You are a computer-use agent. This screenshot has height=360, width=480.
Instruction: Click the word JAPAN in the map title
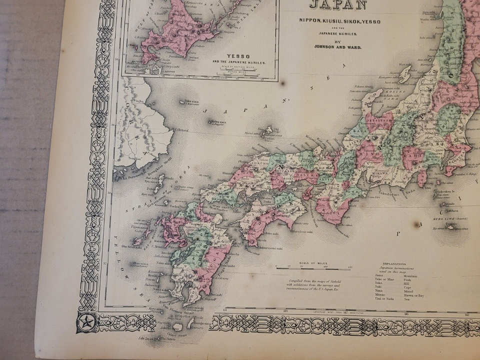coord(338,5)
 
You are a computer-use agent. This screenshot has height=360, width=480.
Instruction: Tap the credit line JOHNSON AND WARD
coord(338,48)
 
